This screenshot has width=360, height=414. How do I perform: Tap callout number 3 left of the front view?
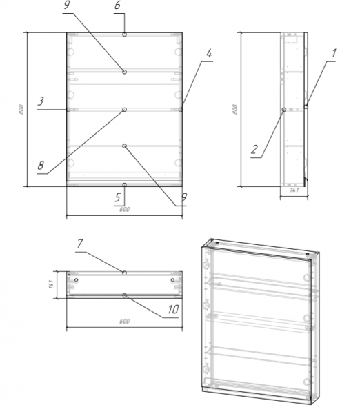41,101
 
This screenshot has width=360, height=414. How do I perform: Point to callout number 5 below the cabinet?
117,196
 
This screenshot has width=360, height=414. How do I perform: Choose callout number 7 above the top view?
80,244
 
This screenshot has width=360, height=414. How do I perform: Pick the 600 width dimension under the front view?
124,210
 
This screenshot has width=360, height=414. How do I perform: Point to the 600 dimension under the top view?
124,321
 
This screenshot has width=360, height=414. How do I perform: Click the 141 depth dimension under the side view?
293,190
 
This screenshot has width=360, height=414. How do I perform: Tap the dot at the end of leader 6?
124,34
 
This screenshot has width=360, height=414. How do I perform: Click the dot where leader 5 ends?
124,185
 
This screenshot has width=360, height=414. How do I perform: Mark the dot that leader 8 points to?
124,109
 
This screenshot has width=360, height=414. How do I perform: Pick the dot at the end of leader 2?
284,109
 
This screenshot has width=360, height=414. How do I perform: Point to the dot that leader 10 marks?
124,295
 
